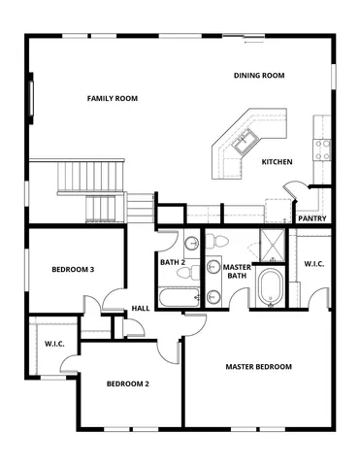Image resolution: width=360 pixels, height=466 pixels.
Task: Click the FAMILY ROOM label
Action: coord(113,98)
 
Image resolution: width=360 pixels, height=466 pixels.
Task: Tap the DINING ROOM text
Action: coord(259,76)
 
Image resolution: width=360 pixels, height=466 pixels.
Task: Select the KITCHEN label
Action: coord(278,162)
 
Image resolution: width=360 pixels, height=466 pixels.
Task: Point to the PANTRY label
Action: coord(312,218)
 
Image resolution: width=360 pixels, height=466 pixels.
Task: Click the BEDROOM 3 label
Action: coord(72,270)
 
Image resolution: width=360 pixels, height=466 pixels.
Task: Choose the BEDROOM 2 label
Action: coord(127,383)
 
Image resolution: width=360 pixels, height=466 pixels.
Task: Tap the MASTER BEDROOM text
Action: coord(259,367)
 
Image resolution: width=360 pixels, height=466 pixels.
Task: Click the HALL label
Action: coord(141,310)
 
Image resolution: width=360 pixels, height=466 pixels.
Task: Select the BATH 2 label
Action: coord(174,262)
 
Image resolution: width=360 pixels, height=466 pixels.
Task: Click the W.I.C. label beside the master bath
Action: coord(314,264)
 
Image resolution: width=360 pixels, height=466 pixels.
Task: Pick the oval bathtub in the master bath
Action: coord(269,289)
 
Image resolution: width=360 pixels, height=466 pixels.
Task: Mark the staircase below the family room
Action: coord(92,189)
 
